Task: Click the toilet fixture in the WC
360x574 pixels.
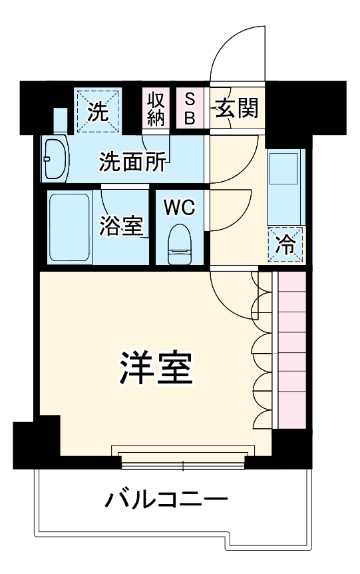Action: [x=179, y=244]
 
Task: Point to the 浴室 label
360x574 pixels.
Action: [x=122, y=226]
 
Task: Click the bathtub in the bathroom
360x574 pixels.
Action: [x=69, y=226]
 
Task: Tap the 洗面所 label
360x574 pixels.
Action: [x=133, y=162]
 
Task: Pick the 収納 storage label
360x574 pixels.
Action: [x=156, y=109]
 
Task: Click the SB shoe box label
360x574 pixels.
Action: [x=190, y=109]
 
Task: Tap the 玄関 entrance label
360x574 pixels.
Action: [x=236, y=109]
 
